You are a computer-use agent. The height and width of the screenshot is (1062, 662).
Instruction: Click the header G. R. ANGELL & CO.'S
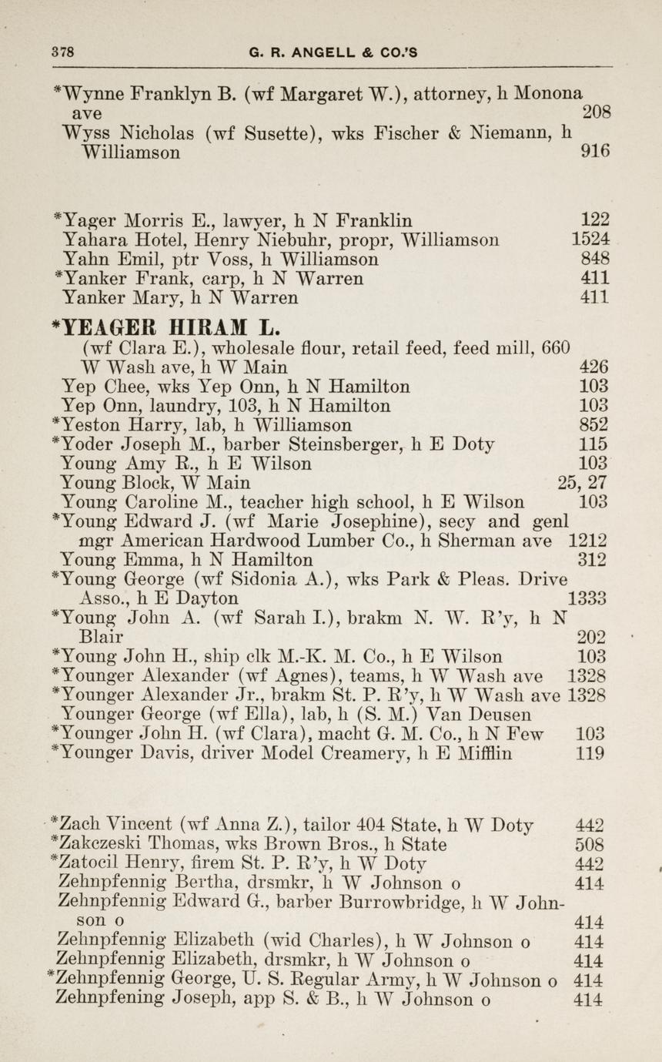pyautogui.click(x=333, y=52)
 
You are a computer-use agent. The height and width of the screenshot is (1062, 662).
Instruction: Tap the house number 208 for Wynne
pyautogui.click(x=597, y=113)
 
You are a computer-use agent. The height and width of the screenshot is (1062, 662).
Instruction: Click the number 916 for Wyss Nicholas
pyautogui.click(x=596, y=152)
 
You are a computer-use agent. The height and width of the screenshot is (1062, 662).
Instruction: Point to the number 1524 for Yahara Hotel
pyautogui.click(x=590, y=239)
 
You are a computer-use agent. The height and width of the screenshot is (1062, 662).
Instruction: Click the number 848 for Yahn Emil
pyautogui.click(x=595, y=258)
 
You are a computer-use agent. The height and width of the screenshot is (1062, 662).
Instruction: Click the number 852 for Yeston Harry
pyautogui.click(x=593, y=425)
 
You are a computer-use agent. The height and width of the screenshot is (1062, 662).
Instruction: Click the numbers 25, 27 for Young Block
pyautogui.click(x=583, y=483)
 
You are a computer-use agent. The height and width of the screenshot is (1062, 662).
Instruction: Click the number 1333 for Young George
pyautogui.click(x=587, y=598)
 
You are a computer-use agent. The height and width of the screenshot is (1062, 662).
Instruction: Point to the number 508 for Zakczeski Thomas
pyautogui.click(x=589, y=845)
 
